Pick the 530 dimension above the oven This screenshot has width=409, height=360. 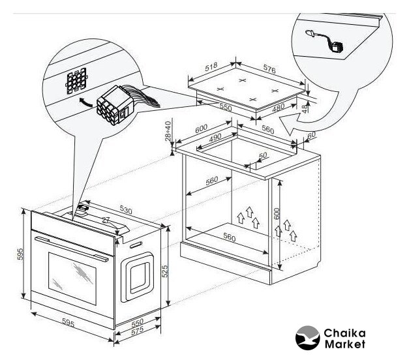126,210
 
